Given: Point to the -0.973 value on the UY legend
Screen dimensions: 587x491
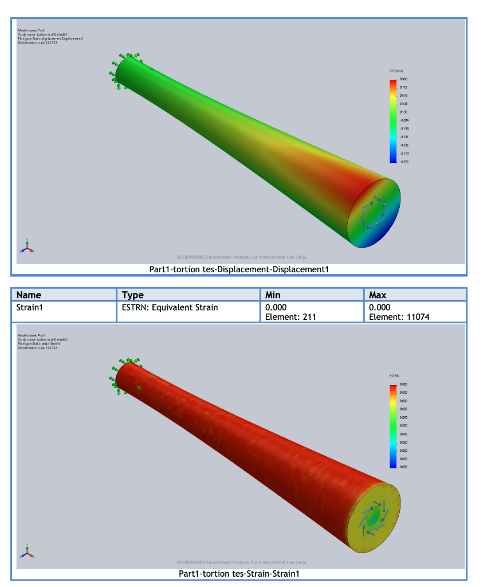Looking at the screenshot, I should [403, 162].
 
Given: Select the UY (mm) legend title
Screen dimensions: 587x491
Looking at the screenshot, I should [396, 71].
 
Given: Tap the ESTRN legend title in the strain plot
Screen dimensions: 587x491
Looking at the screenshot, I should [394, 376].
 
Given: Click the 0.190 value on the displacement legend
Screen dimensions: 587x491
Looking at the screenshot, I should [403, 112].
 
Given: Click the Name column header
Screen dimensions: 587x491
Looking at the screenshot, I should [29, 295].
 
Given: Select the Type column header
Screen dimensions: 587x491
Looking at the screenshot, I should [133, 295].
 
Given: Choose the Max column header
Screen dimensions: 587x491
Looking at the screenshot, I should [378, 295].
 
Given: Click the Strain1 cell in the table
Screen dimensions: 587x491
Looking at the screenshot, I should [32, 307].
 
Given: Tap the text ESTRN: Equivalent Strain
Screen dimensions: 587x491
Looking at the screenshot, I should [170, 307].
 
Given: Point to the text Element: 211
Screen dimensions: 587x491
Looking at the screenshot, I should [289, 316].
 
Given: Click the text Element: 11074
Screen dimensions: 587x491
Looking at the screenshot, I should [399, 316].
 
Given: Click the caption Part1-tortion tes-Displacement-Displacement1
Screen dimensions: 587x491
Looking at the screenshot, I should [239, 269].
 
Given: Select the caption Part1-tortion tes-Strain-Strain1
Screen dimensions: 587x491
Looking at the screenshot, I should [239, 573].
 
